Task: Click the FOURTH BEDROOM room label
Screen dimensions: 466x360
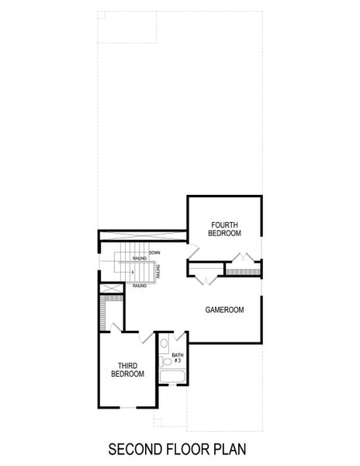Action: click(225, 228)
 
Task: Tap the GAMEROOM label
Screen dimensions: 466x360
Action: click(225, 309)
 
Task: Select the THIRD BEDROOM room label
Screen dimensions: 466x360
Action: click(128, 369)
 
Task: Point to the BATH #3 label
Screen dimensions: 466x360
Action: click(177, 358)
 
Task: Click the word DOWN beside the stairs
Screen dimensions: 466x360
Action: click(154, 252)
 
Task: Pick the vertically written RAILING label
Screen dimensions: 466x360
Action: click(158, 272)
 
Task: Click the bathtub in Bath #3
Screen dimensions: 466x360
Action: click(172, 378)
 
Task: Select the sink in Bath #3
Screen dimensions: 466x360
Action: click(164, 360)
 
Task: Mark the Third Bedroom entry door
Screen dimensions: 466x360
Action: click(147, 339)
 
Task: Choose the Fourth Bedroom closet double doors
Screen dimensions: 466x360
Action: click(246, 258)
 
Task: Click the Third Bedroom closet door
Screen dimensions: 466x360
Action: click(115, 327)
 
